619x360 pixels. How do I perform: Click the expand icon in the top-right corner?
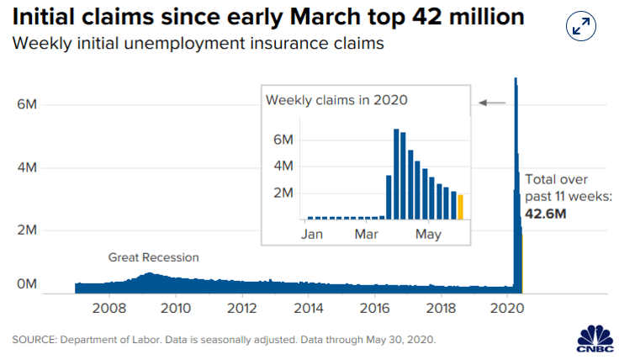tap(580, 26)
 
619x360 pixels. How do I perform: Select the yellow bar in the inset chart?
tap(460, 207)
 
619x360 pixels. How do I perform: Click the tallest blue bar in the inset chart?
tap(396, 174)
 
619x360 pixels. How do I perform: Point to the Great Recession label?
tap(154, 257)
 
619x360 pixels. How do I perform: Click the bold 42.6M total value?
tap(545, 214)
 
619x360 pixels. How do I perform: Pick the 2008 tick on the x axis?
tap(109, 308)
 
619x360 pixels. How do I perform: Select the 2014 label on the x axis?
tap(309, 308)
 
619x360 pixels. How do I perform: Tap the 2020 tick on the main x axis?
tap(507, 308)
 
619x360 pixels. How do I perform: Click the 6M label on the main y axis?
tap(27, 104)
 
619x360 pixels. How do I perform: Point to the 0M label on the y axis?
tap(27, 283)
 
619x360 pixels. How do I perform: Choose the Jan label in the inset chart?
tap(312, 234)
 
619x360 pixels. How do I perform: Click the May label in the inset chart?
tap(428, 235)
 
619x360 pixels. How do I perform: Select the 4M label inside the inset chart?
tap(283, 166)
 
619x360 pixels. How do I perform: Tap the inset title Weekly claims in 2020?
tap(336, 100)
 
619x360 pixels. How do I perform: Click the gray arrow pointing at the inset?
tap(492, 103)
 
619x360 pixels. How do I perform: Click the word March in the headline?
tap(325, 17)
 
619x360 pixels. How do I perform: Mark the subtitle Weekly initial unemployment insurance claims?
tap(198, 43)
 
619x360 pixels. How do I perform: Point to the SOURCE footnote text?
tap(224, 340)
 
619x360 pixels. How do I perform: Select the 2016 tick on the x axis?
tap(374, 308)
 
